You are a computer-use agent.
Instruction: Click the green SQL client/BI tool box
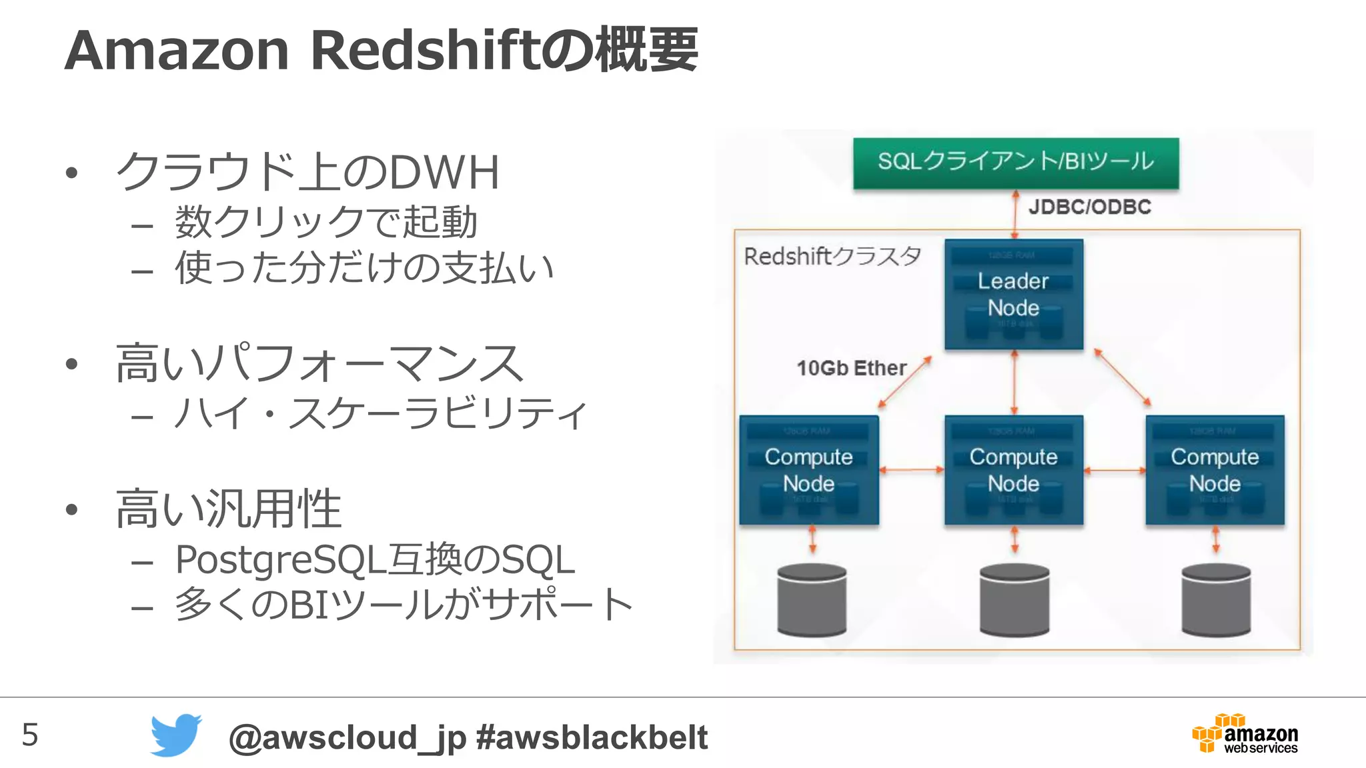click(1015, 163)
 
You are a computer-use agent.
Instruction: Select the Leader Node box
click(1013, 295)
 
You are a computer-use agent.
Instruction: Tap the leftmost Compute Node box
click(808, 470)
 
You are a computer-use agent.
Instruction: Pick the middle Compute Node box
click(1013, 470)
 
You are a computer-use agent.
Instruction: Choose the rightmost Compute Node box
click(1215, 470)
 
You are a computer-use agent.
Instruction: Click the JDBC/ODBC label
click(1089, 207)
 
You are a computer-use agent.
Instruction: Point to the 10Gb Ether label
click(851, 368)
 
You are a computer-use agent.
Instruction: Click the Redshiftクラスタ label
click(832, 256)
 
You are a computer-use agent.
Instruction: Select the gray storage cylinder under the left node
click(812, 599)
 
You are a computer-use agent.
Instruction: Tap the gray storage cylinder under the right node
click(1215, 599)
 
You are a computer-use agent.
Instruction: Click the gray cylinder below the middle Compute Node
click(1014, 599)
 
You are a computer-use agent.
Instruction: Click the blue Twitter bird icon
click(175, 735)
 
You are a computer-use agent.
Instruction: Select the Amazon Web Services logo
click(1245, 734)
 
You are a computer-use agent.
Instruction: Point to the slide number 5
click(30, 735)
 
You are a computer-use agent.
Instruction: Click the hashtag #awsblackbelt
click(592, 737)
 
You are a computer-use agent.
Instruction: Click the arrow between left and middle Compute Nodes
click(911, 470)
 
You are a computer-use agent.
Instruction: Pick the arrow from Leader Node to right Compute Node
click(1123, 377)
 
